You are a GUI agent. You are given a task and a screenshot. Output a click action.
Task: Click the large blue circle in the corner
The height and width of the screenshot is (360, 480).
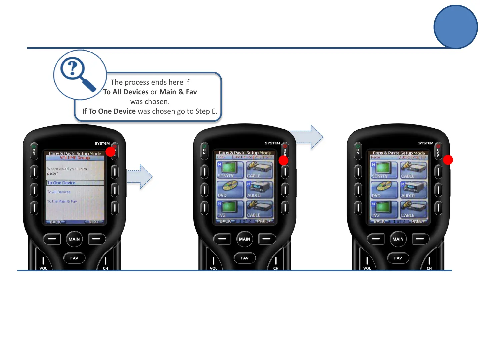(456, 27)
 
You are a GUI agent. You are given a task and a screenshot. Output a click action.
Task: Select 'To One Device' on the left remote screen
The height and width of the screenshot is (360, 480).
(61, 183)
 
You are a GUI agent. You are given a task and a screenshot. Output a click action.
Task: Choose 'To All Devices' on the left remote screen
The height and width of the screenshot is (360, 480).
(59, 192)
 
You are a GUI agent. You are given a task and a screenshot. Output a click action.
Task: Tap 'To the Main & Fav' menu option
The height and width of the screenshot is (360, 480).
(62, 201)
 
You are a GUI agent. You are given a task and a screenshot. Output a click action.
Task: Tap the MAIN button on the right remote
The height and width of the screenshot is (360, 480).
(398, 239)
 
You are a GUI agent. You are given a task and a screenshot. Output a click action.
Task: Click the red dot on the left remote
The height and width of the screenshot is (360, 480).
(110, 152)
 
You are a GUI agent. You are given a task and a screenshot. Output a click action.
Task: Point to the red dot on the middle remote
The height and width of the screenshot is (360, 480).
(283, 160)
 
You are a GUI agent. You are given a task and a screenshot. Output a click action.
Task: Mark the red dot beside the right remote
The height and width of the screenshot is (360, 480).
(448, 160)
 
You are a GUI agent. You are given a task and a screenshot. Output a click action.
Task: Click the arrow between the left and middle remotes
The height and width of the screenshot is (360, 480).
(140, 177)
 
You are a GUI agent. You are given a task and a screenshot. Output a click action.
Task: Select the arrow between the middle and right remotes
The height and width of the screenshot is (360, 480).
(307, 137)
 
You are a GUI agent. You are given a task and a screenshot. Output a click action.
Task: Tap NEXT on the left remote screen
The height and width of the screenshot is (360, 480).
(94, 222)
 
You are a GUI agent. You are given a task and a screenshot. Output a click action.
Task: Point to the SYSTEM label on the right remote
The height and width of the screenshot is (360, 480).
(426, 143)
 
